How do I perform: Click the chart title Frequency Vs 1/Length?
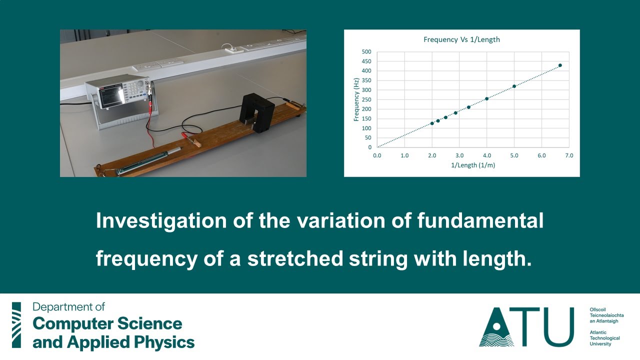(461, 39)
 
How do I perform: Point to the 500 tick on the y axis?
(366, 51)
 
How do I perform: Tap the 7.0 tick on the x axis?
(569, 155)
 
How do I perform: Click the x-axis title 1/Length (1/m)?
(472, 165)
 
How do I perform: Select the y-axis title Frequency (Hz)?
(356, 99)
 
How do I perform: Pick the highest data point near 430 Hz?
(560, 65)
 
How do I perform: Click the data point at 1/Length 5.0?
(514, 86)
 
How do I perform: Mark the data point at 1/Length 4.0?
(486, 98)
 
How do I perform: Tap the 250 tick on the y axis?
(366, 99)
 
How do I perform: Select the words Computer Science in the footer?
(107, 324)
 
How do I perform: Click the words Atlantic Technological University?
(604, 338)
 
